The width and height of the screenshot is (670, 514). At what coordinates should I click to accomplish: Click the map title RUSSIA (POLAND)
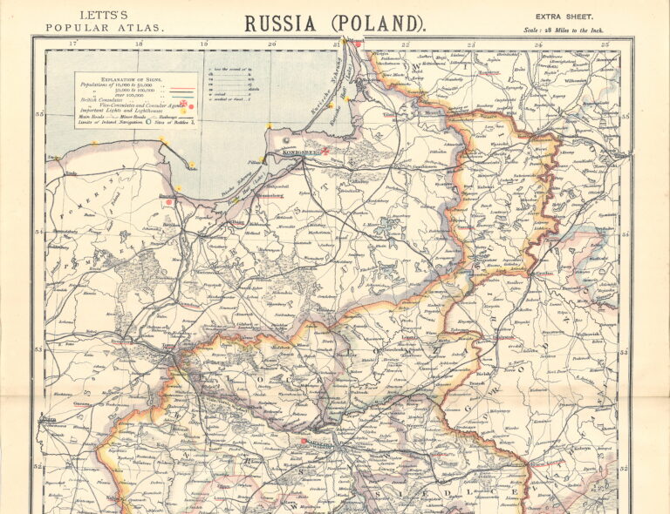tap(335, 24)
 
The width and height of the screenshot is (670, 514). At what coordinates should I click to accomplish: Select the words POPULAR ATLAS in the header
tap(104, 28)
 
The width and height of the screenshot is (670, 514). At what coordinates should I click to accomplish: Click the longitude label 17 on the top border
tap(72, 43)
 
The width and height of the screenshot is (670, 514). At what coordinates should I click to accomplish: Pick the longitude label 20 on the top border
tap(271, 43)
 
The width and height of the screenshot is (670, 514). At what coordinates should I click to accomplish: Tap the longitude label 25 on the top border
tap(605, 43)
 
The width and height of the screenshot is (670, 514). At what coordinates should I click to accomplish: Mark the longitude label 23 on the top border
tap(471, 43)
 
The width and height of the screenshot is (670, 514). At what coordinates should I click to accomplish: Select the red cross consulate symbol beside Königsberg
tap(325, 151)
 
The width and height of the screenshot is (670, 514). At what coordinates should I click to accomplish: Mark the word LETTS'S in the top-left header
tap(103, 15)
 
